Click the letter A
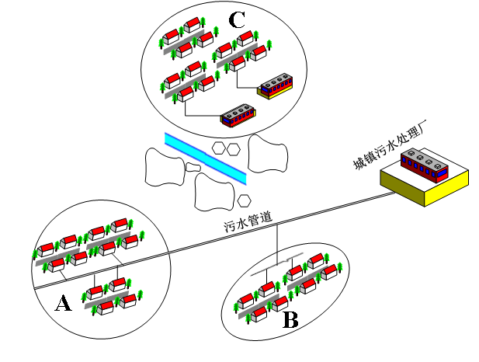pyautogui.click(x=63, y=303)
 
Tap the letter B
pyautogui.click(x=290, y=319)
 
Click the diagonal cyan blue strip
pyautogui.click(x=206, y=158)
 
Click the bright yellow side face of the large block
pyautogui.click(x=447, y=191)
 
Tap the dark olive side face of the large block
pyautogui.click(x=402, y=191)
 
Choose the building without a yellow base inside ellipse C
pyautogui.click(x=238, y=116)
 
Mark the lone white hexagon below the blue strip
pyautogui.click(x=245, y=201)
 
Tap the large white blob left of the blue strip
pyautogui.click(x=164, y=165)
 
